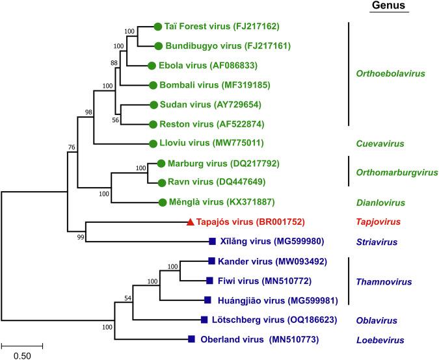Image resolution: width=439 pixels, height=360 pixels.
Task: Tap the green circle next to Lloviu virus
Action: pyautogui.click(x=153, y=143)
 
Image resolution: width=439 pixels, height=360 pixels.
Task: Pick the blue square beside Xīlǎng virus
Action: pyautogui.click(x=212, y=242)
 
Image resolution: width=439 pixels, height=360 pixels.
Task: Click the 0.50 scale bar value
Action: pyautogui.click(x=21, y=355)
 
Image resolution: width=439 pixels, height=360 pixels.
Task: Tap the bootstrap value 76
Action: pyautogui.click(x=72, y=147)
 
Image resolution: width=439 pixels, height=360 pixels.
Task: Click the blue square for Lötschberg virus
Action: pyautogui.click(x=205, y=320)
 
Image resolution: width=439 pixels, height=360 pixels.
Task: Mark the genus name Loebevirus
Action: pyautogui.click(x=380, y=339)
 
